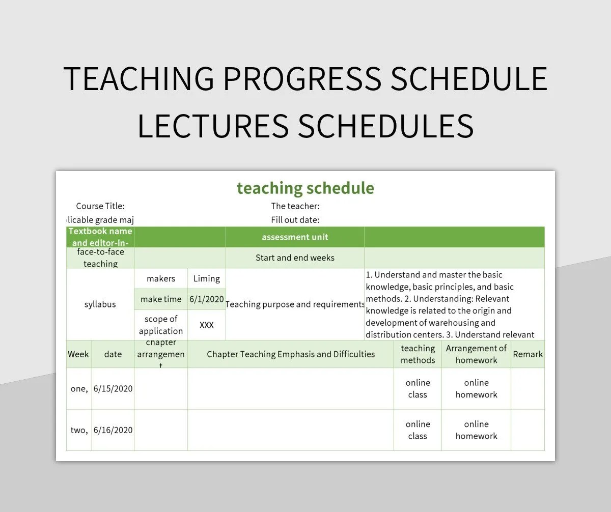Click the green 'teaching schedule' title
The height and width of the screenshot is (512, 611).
(x=305, y=188)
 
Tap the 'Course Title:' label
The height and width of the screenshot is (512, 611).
(x=100, y=206)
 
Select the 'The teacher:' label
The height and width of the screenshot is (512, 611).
(x=295, y=206)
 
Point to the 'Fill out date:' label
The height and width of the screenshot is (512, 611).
(x=295, y=220)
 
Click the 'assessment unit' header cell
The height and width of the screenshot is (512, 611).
(x=295, y=237)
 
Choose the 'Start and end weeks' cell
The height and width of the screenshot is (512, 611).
(x=295, y=258)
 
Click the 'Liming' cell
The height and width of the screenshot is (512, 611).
(x=206, y=278)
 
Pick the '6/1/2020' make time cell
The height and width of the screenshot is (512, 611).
(x=206, y=299)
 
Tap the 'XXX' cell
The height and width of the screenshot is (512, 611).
(x=206, y=325)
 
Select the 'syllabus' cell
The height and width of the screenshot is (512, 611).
(x=100, y=304)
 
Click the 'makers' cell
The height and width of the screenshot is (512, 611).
(x=160, y=278)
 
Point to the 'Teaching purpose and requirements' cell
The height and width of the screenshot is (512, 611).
(x=295, y=304)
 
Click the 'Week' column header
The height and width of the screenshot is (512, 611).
(x=78, y=354)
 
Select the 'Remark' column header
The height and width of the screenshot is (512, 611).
(x=527, y=354)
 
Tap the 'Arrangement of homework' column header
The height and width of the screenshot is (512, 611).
(x=476, y=354)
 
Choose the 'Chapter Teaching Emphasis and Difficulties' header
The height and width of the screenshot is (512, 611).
(x=290, y=354)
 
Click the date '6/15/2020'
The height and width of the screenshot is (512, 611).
(x=113, y=389)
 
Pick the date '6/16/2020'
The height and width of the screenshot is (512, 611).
(x=113, y=430)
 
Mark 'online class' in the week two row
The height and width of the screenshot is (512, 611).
(x=418, y=430)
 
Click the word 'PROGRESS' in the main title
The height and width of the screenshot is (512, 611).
(x=302, y=79)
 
